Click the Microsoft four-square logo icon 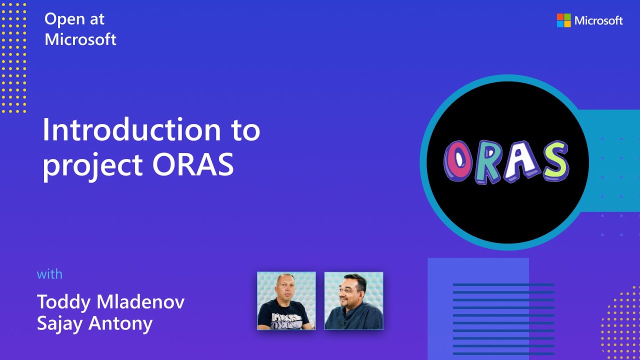563,20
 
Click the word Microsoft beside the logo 598,20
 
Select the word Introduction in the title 131,130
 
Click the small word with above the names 49,274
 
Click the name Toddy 63,302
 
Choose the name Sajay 60,323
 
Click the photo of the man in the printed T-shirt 286,301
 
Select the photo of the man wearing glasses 353,301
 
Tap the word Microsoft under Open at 80,39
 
